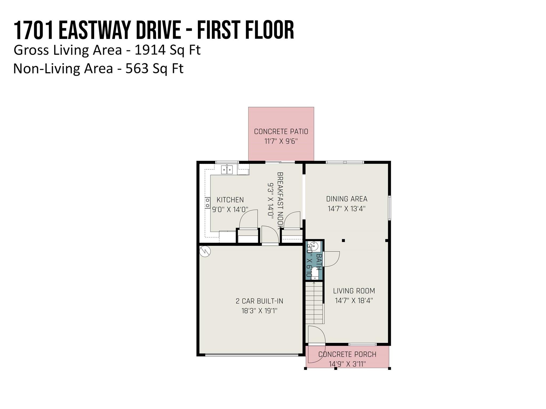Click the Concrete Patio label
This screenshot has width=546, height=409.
point(281,132)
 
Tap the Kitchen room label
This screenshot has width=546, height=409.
point(230,200)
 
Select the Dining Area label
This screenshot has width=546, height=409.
point(347,199)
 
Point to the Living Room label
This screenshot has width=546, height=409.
point(354,291)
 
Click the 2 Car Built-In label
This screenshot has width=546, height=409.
point(259,301)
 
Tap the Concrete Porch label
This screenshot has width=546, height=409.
point(347,354)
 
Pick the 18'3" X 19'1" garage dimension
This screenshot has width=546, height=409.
point(259,311)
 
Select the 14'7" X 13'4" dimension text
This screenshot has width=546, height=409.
point(347,208)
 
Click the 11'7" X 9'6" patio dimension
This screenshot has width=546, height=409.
point(281,141)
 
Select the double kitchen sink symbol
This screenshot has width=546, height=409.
point(227,170)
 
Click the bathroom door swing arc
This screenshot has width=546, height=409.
point(332,259)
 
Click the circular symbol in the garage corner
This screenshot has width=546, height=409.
point(205,251)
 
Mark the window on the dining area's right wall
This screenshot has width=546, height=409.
point(390,208)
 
